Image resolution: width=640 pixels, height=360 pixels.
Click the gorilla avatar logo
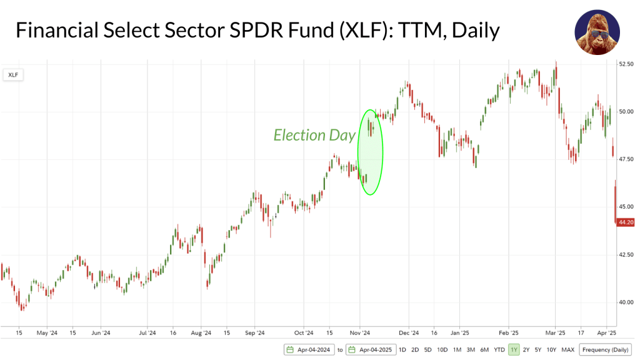click(x=597, y=32)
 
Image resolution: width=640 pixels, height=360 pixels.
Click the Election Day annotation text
click(x=314, y=135)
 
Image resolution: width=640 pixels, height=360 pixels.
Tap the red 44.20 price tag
click(x=626, y=222)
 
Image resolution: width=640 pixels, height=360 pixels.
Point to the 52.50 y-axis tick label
click(x=625, y=64)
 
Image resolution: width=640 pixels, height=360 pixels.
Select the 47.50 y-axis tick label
click(x=625, y=159)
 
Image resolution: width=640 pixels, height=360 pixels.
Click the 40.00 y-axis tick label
click(x=625, y=302)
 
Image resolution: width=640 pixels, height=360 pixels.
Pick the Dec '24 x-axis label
click(x=408, y=333)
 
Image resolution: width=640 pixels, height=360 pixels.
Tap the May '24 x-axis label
click(x=47, y=333)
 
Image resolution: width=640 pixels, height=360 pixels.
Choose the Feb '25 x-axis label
click(x=509, y=333)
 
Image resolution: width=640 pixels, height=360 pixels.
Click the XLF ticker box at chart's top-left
click(x=12, y=74)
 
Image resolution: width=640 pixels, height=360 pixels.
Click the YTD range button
click(x=499, y=349)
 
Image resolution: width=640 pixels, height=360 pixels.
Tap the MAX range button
click(x=567, y=349)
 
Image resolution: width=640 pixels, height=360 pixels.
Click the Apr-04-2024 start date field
click(x=309, y=349)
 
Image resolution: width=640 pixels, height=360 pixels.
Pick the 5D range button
click(x=427, y=349)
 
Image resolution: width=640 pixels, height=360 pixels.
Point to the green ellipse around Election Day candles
click(x=370, y=152)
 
